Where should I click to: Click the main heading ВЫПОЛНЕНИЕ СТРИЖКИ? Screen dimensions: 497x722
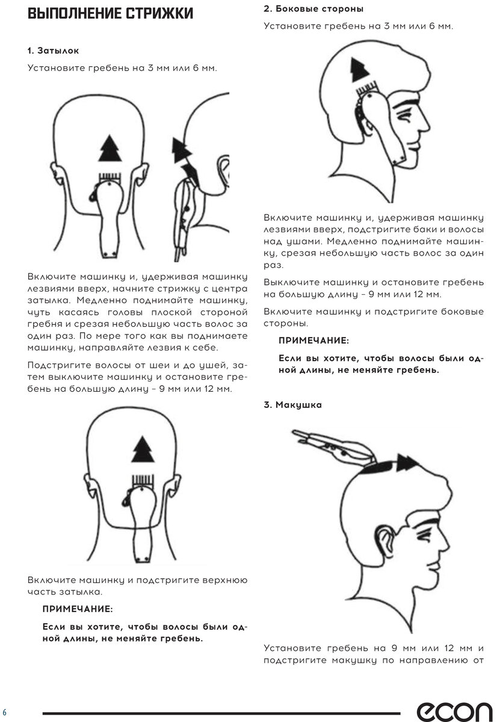[x=110, y=13]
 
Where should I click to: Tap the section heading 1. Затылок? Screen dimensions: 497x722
[x=53, y=51]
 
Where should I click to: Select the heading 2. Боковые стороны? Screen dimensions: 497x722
[x=313, y=8]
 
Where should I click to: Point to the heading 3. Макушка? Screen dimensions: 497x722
[x=292, y=404]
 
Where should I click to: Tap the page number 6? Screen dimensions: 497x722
[x=4, y=712]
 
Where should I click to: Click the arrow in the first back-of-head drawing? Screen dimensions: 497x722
[x=110, y=148]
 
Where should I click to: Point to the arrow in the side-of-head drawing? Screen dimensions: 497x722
[x=359, y=70]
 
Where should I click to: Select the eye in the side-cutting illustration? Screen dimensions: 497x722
[x=405, y=117]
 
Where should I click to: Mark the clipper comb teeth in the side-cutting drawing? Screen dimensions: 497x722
[x=366, y=87]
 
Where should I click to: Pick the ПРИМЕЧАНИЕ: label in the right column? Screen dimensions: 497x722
[x=313, y=341]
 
